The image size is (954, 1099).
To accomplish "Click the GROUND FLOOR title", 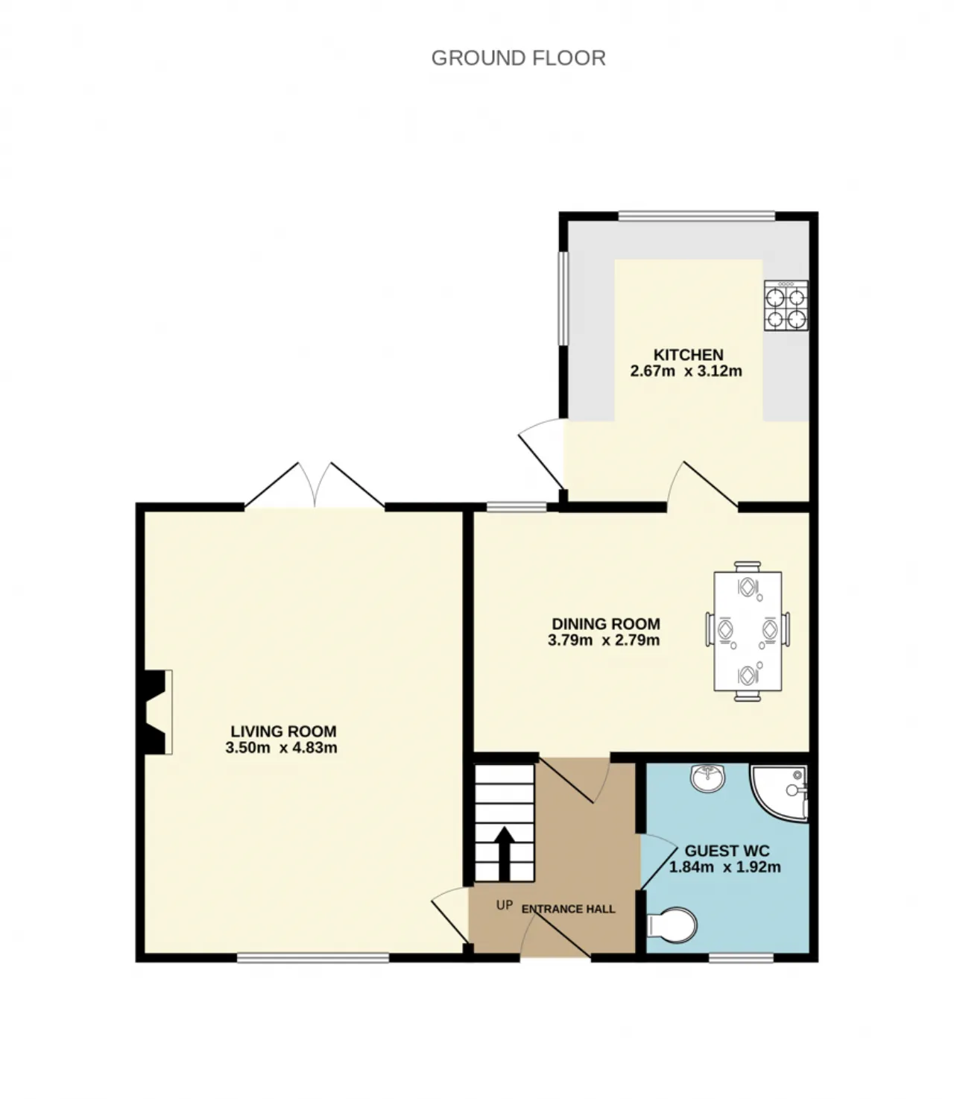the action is point(518,58).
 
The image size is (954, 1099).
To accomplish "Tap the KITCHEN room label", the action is point(688,354).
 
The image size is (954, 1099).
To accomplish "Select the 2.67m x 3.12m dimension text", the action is point(686,371).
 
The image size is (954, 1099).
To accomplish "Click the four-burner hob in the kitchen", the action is point(786,305).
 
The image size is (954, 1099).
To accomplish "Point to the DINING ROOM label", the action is point(606,623).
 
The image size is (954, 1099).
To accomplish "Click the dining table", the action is point(748,632).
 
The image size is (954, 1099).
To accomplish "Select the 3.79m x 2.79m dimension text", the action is point(604,640).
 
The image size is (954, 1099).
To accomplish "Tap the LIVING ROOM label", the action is point(283,731).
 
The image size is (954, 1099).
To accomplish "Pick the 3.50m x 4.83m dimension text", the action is point(281,748).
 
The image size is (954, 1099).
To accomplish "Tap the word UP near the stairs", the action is point(505,905).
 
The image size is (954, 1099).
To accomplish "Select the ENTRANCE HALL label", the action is point(569,909).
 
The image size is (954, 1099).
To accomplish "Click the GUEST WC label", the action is point(727,851).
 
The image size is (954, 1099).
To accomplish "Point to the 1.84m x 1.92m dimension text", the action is point(724,867).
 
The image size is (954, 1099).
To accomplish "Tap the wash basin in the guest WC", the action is point(708,778).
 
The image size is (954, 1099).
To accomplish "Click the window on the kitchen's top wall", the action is point(696,216).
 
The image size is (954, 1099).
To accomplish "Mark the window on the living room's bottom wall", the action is point(313,957).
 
